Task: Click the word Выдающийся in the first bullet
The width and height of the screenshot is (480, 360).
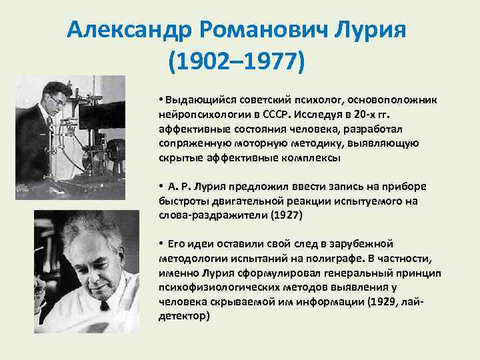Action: (x=195, y=99)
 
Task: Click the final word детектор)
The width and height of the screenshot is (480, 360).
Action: (x=184, y=317)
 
